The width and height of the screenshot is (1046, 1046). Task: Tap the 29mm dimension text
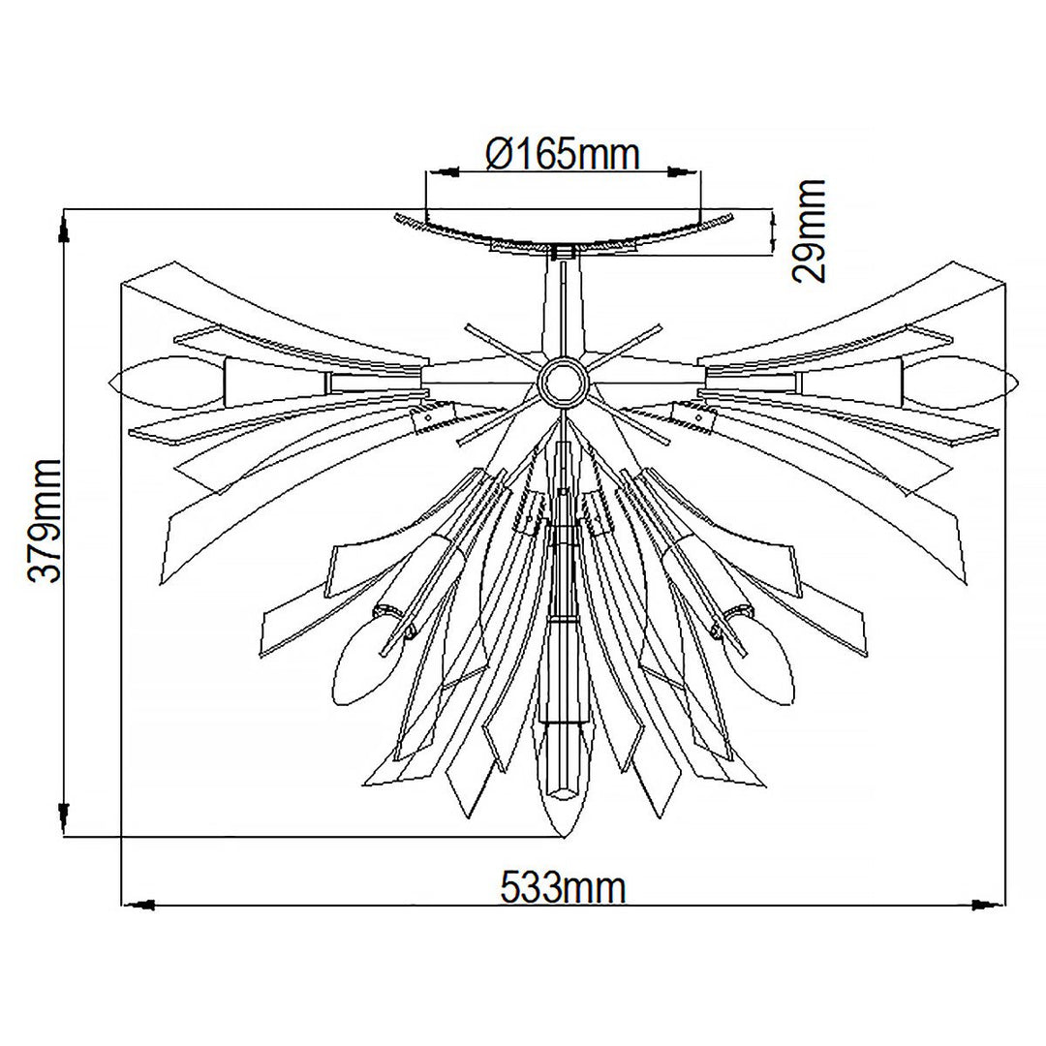[x=810, y=231]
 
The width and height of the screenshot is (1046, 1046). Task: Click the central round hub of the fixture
[x=562, y=383]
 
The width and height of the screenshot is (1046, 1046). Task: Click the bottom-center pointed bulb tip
[x=563, y=833]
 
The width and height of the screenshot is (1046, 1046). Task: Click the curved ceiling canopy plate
[x=562, y=232]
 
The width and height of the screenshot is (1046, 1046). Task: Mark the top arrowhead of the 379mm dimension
[x=65, y=229]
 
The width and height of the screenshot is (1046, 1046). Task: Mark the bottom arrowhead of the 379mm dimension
[x=65, y=818]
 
